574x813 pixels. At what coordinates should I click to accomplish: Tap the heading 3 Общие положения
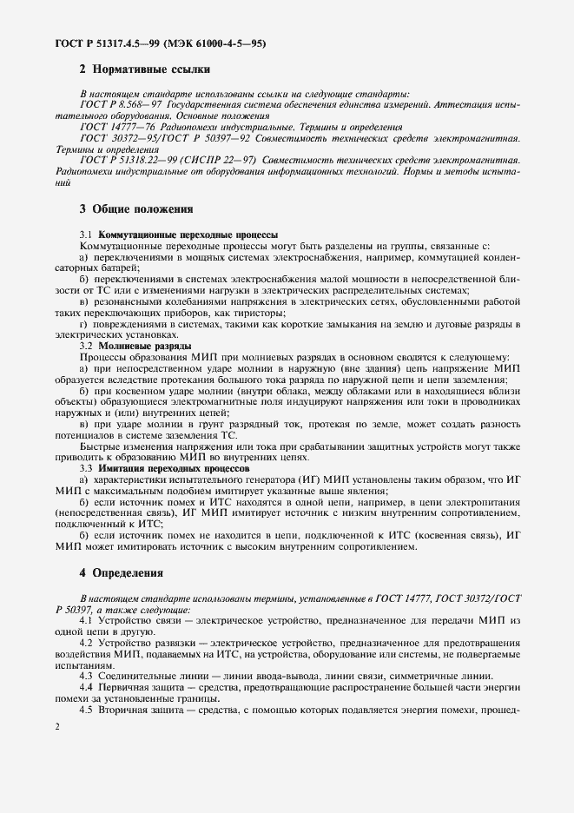(x=136, y=208)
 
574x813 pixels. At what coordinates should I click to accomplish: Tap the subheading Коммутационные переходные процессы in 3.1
(x=188, y=235)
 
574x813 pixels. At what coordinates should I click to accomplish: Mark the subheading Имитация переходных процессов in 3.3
(x=175, y=467)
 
